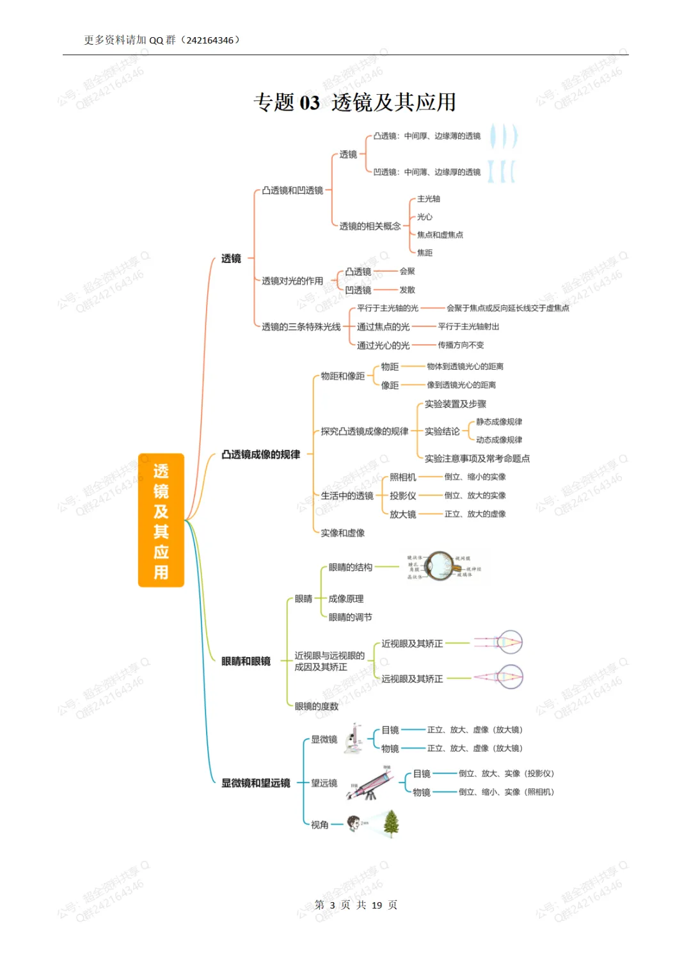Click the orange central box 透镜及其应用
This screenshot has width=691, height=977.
pos(161,520)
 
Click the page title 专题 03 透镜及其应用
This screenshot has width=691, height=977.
pos(354,102)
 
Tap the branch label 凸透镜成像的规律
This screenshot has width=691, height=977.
pos(260,455)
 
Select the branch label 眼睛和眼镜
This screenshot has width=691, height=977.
pos(246,662)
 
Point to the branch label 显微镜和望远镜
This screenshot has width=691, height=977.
pos(255,783)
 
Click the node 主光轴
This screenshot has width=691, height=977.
pos(428,199)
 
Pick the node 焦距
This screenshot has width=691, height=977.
pos(424,253)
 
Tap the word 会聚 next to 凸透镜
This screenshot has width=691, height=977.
pos(407,271)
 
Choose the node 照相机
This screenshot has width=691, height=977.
pos(402,477)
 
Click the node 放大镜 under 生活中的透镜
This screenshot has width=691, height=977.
pos(402,514)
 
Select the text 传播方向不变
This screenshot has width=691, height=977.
pos(461,346)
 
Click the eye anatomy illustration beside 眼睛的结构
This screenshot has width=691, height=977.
pos(443,566)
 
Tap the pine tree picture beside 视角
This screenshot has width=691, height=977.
pos(391,823)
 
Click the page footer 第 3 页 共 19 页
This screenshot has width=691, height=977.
pos(356,905)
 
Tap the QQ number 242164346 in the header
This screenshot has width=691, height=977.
pos(210,40)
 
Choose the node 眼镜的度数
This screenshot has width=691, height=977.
pos(316,706)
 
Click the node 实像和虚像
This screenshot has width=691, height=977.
pos(342,533)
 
